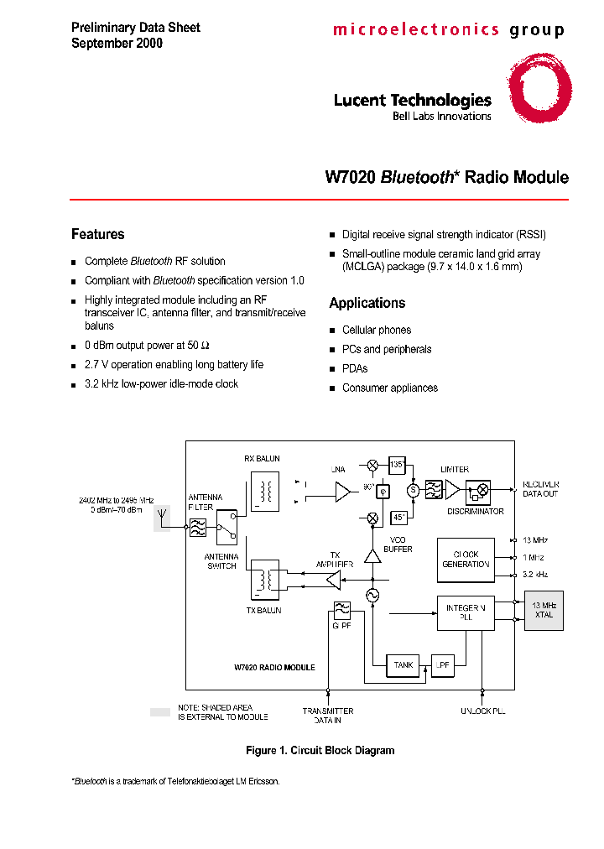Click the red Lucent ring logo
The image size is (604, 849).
(x=539, y=89)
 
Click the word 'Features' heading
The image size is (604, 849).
(x=97, y=234)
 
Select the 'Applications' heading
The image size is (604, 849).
(x=367, y=303)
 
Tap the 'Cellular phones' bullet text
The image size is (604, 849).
(x=376, y=330)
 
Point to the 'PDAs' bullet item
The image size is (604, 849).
(x=354, y=368)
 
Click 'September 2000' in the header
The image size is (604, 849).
(x=117, y=43)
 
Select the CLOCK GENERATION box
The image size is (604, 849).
(x=466, y=560)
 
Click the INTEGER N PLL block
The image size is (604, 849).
(x=466, y=612)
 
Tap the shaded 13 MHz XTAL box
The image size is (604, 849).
(x=543, y=610)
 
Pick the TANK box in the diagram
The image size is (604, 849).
(x=404, y=665)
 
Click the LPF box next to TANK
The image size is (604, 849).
(x=442, y=665)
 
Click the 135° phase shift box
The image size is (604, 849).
(x=397, y=465)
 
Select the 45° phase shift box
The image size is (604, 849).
(x=400, y=518)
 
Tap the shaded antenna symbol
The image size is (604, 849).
(x=161, y=520)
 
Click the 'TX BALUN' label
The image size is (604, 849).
(x=263, y=610)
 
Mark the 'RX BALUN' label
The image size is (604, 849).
(x=262, y=459)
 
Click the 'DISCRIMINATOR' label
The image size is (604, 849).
(x=475, y=511)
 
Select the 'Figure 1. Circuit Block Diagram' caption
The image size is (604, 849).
(x=320, y=750)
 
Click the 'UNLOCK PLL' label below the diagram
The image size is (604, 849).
(x=482, y=711)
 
